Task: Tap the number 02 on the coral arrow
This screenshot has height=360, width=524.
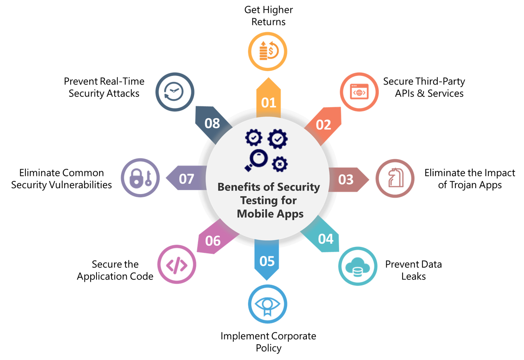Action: point(324,125)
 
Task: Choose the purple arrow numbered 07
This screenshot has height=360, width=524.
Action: point(187,178)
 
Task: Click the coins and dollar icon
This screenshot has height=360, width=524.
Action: point(268,50)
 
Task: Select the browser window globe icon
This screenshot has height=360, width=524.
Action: point(359,91)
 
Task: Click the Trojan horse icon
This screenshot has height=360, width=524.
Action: point(395,178)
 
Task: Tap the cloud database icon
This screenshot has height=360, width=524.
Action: point(357,267)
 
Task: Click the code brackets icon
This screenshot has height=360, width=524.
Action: point(177,265)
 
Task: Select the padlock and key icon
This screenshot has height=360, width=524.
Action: point(141,178)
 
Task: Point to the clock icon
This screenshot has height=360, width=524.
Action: point(173,91)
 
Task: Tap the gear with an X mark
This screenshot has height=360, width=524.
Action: point(279,164)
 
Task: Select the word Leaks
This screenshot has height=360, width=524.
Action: point(414,276)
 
